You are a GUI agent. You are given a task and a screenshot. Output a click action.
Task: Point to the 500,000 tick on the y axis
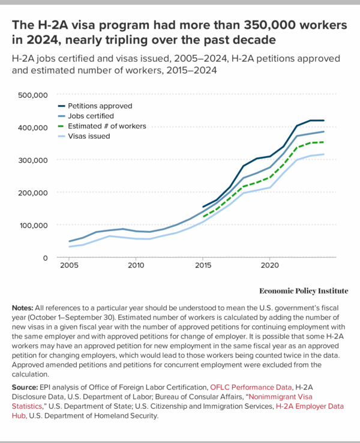[34, 95]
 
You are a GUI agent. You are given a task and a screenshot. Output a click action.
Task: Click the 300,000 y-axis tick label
[34, 160]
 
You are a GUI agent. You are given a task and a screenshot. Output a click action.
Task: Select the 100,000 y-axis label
[34, 225]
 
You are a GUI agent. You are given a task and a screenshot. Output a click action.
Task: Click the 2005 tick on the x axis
[70, 265]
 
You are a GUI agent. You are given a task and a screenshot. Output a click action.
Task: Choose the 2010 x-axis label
[136, 265]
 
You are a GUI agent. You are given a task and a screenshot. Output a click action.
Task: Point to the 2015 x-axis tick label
[203, 265]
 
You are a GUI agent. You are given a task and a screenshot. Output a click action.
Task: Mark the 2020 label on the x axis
[269, 265]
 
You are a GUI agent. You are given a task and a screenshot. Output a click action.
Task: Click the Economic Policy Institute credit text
[304, 291]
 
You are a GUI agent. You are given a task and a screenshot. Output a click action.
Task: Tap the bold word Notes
[23, 307]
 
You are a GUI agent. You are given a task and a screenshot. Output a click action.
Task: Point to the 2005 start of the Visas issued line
[70, 247]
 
